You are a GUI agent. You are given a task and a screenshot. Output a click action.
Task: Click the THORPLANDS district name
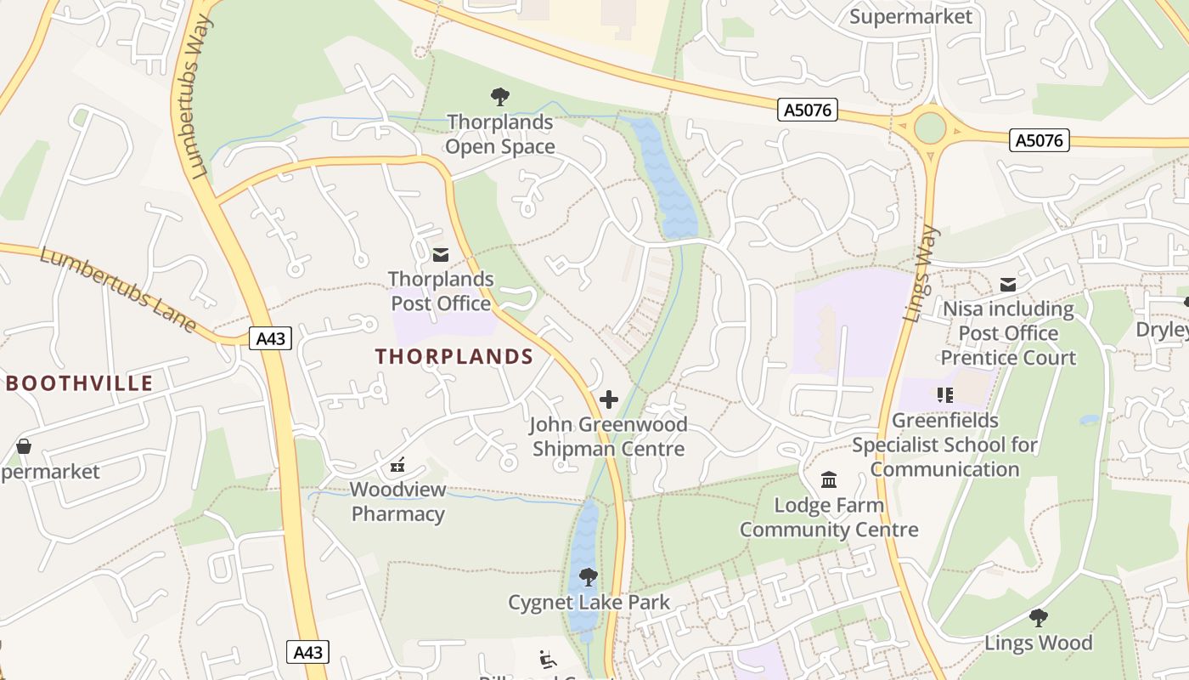pos(454,357)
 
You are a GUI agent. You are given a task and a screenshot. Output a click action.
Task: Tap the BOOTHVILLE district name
pos(80,383)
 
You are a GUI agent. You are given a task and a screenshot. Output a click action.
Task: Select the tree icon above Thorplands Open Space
pos(500,97)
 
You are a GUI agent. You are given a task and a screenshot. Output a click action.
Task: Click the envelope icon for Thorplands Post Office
pos(441,254)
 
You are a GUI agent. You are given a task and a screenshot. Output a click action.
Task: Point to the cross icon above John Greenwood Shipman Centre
pos(609,399)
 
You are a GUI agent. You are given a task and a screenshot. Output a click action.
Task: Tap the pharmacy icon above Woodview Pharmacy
pos(397,465)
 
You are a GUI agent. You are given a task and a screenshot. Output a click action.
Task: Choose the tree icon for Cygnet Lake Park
pos(588,578)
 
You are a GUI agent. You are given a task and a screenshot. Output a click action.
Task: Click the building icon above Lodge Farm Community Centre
pos(829,480)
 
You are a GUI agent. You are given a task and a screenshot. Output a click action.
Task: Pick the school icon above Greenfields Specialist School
pos(945,395)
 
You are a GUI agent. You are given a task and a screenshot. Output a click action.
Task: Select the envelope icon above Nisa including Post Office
pos(1008,285)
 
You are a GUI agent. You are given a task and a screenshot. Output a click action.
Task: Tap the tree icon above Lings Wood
pos(1038,618)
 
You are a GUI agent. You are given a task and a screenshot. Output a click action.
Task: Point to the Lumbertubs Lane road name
pos(119,289)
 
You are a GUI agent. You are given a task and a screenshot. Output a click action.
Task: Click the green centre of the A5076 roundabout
pos(930,128)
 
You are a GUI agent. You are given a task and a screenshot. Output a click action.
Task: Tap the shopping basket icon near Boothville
pos(24,446)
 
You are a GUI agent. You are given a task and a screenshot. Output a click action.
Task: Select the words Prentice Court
pos(1008,358)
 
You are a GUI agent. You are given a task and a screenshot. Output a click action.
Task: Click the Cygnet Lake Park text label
pos(589,603)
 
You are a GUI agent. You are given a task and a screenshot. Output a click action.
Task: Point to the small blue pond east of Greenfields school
pos(1088,420)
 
